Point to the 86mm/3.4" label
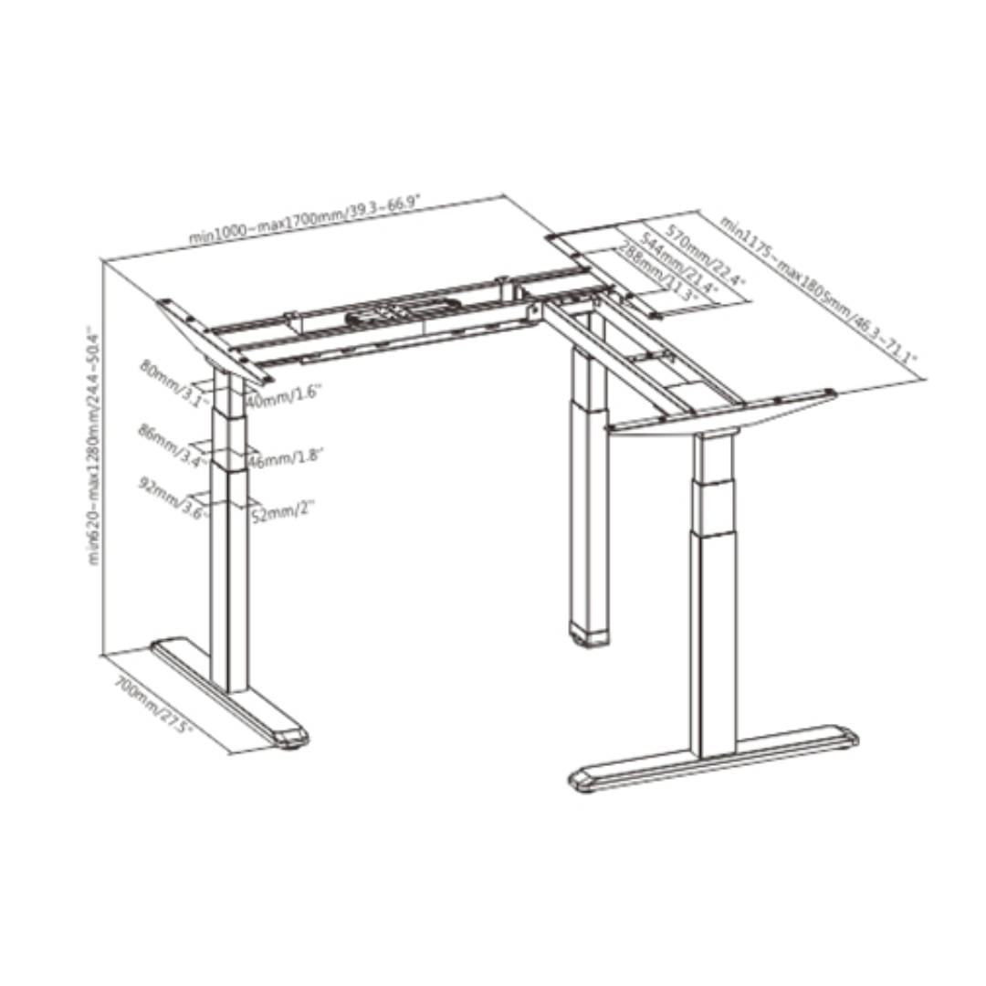pos(169,445)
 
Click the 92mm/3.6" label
pos(173,498)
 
